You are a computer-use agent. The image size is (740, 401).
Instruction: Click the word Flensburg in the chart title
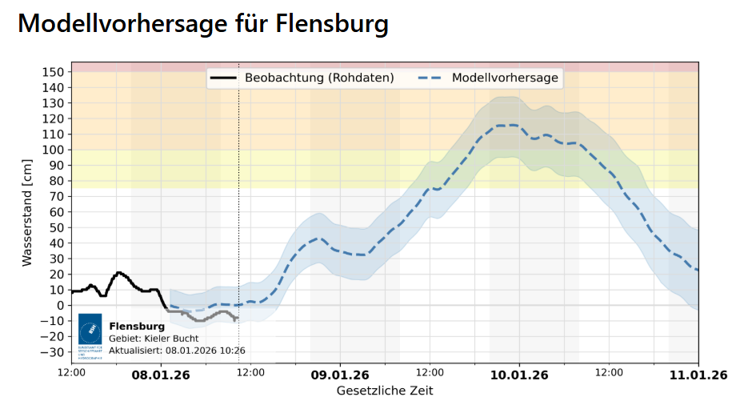tap(332, 23)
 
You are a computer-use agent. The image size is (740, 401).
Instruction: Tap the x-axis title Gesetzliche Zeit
tap(385, 391)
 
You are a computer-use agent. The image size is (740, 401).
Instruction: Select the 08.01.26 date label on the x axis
tap(161, 374)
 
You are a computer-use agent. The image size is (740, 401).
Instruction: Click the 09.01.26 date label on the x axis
tap(340, 374)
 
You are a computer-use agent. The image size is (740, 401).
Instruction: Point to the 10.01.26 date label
tap(519, 374)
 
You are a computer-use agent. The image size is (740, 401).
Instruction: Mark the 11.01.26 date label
tap(698, 374)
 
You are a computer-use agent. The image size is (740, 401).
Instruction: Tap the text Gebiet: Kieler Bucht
tap(154, 339)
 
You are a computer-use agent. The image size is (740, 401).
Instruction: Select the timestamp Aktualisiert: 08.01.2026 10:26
tap(177, 350)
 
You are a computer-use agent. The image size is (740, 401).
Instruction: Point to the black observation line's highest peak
tap(119, 272)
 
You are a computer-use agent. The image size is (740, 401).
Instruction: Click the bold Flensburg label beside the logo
tap(137, 327)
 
